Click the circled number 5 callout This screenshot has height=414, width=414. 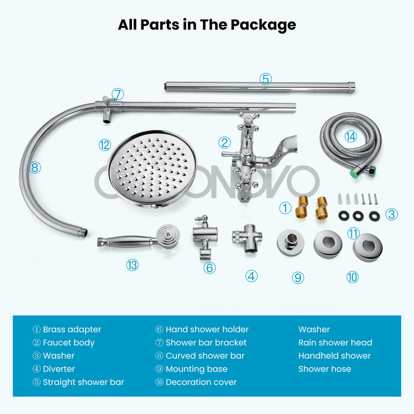(x=266, y=78)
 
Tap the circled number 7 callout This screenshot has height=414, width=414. (x=118, y=94)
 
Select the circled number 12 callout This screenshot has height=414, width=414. (x=105, y=144)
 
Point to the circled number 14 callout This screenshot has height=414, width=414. (x=351, y=137)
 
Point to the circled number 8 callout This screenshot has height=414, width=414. (x=34, y=167)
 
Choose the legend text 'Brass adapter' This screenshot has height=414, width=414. (x=72, y=329)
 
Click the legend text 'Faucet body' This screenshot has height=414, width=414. (x=68, y=342)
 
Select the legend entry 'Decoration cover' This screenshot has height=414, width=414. (x=200, y=382)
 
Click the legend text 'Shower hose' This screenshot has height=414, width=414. (x=325, y=368)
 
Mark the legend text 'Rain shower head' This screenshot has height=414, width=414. (x=335, y=342)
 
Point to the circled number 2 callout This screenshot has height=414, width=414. (x=224, y=143)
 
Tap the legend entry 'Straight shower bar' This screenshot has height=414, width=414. (x=83, y=382)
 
